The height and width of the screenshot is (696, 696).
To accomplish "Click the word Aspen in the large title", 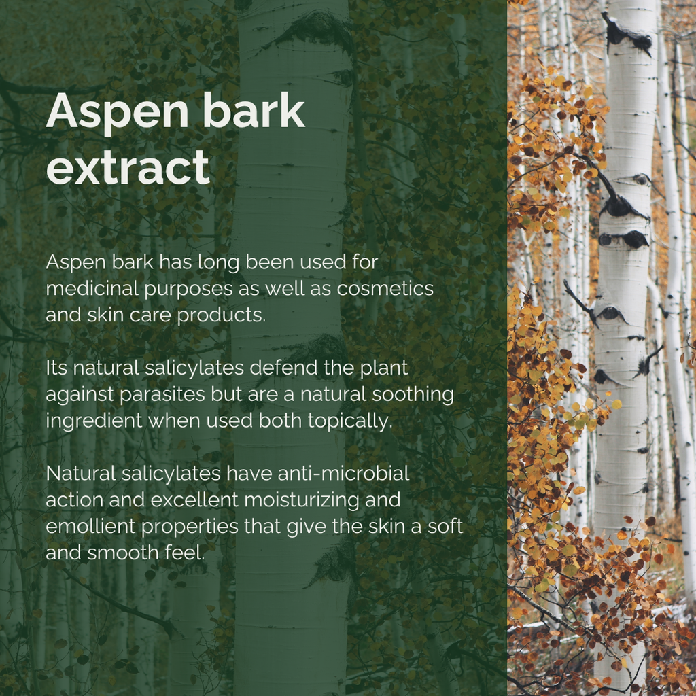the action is point(117,113).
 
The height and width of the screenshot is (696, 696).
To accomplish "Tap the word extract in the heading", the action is point(128,167).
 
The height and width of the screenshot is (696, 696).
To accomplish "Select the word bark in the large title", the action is point(254,110).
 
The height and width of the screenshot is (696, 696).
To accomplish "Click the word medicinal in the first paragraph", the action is point(92,288).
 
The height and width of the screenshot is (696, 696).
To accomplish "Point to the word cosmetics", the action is point(385,288).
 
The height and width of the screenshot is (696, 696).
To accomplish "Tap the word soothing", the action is point(413,395).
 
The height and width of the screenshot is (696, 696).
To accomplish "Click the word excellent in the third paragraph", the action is point(194,500).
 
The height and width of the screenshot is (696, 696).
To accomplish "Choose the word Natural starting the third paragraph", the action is point(81,474).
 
